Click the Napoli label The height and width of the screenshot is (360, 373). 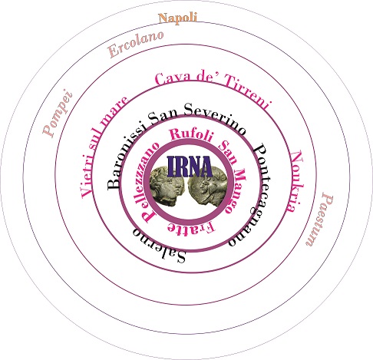point(178,18)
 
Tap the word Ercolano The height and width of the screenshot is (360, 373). point(136,44)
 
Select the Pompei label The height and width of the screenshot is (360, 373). point(58,113)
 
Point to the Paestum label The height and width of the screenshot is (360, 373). point(320,220)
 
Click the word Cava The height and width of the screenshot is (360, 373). point(173,79)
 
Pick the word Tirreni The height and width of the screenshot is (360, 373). point(248,93)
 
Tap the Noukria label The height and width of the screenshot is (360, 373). point(296,181)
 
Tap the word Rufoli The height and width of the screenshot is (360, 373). point(191,134)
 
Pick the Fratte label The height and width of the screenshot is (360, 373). point(191,227)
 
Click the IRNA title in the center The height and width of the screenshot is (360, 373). point(190,167)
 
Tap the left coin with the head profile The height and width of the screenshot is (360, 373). point(167,185)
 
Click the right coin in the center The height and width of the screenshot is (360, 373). point(208,186)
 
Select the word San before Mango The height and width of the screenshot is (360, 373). point(228,153)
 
